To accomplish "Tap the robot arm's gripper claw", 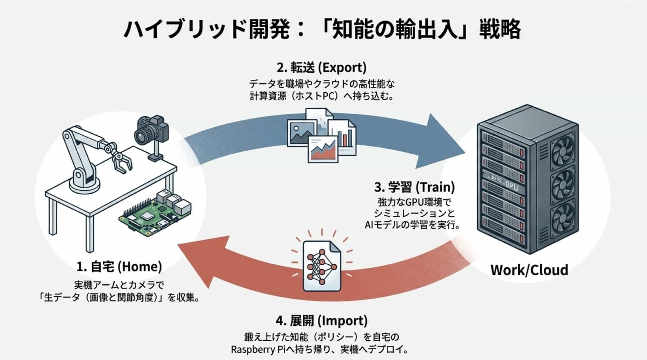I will point(122,162).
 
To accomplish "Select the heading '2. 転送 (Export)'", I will point(321,68).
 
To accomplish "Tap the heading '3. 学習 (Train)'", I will point(414,187).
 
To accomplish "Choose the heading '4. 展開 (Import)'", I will point(321,320).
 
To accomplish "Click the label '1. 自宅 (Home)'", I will point(119,266).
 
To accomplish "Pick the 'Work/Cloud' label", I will point(529,270).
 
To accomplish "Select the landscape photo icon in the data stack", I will point(302,133).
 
